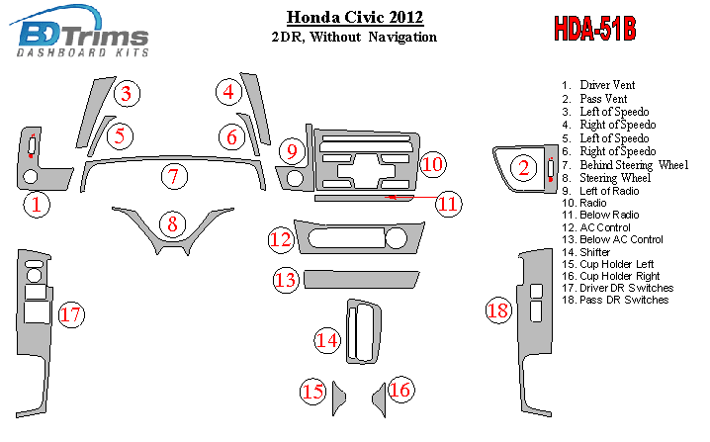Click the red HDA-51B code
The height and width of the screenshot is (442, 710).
click(595, 29)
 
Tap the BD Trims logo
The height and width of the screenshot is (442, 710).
click(80, 32)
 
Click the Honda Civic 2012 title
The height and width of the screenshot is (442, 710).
click(355, 17)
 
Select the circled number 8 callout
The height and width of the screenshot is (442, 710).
click(172, 224)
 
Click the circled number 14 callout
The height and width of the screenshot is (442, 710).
click(327, 340)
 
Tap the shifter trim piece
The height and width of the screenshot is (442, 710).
click(364, 331)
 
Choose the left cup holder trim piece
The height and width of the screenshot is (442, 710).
click(338, 398)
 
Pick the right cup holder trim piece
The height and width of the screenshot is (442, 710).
click(380, 399)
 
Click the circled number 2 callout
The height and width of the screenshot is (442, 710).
click(524, 168)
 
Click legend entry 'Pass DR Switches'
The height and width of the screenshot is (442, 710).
click(615, 300)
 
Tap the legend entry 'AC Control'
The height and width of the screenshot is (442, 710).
click(596, 227)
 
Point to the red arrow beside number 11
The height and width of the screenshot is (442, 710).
click(411, 197)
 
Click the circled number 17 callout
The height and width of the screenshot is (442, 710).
click(71, 314)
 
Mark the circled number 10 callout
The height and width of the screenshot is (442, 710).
click(433, 164)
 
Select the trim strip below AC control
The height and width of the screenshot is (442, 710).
click(361, 280)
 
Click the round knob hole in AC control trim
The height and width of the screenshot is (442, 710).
click(396, 238)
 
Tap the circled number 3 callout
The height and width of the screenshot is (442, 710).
click(127, 94)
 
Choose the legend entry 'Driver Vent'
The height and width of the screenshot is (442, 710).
click(598, 85)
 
